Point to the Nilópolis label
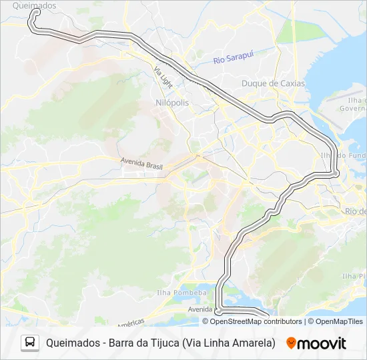pyautogui.click(x=172, y=103)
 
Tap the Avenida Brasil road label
pyautogui.click(x=142, y=162)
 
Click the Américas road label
pyautogui.click(x=130, y=323)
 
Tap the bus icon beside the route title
pyautogui.click(x=30, y=343)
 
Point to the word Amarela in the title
pyautogui.click(x=255, y=343)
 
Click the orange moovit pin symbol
pyautogui.click(x=291, y=343)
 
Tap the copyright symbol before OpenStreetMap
pyautogui.click(x=206, y=321)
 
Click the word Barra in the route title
pyautogui.click(x=121, y=343)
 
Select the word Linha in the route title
pyautogui.click(x=220, y=343)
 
